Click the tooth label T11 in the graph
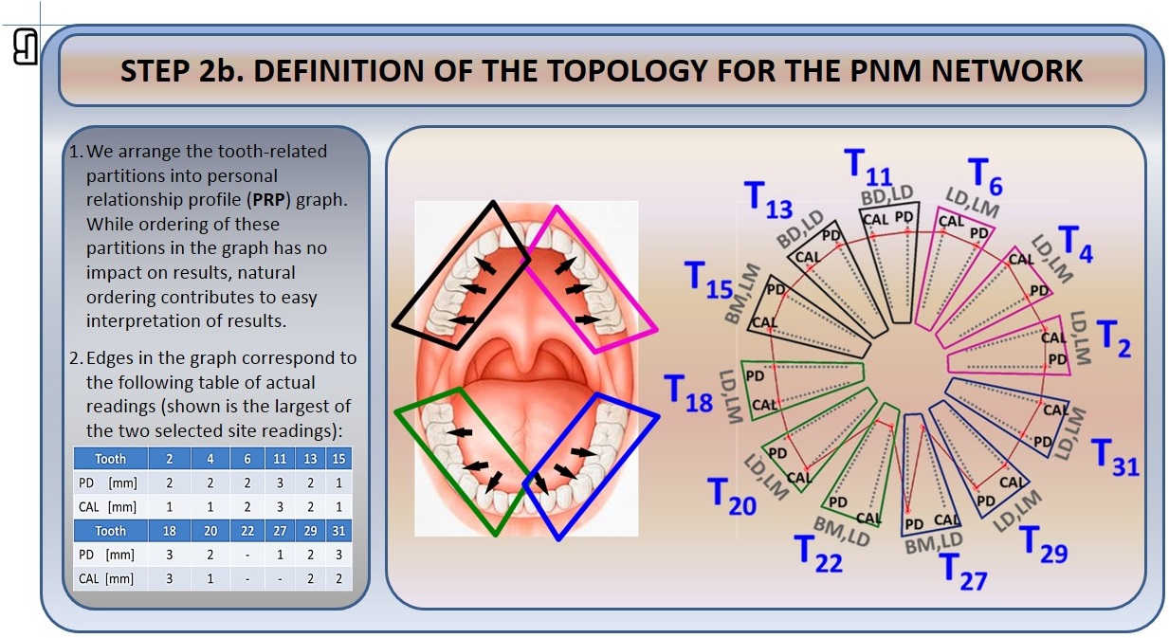click(868, 167)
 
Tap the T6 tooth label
click(985, 176)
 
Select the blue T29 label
click(1043, 544)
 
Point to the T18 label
click(687, 393)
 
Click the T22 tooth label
click(818, 555)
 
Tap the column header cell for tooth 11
click(281, 459)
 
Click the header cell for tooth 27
click(281, 531)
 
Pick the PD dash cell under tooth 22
click(247, 555)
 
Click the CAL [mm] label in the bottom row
click(106, 578)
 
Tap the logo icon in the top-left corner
click(26, 46)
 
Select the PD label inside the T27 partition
click(914, 523)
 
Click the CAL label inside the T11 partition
click(875, 220)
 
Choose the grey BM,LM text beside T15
click(741, 294)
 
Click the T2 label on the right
click(1114, 339)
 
